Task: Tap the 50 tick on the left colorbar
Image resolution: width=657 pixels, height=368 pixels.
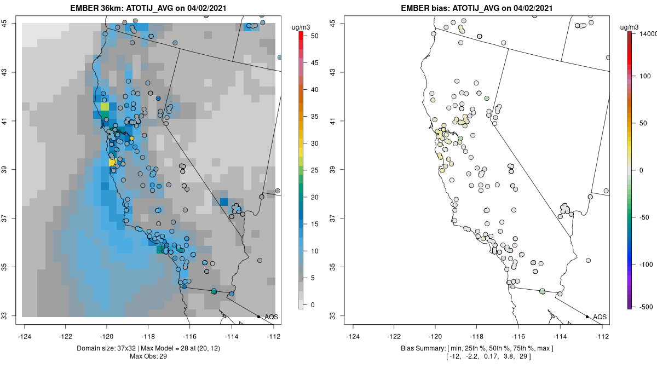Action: (x=310, y=36)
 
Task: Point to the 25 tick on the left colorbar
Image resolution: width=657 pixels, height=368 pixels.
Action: (x=310, y=170)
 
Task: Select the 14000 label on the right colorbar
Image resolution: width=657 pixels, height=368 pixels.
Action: (x=644, y=34)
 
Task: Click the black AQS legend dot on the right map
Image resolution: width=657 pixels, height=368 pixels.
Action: (x=587, y=317)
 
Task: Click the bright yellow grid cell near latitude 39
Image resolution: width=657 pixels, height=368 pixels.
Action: (x=112, y=163)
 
